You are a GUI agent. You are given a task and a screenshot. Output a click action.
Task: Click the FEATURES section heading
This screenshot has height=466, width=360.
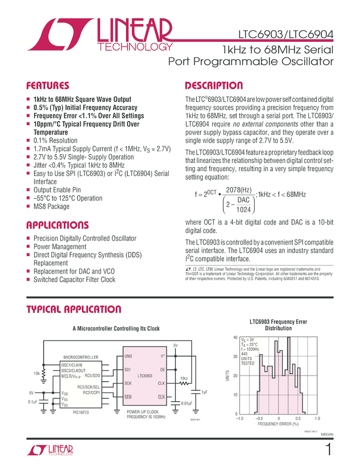click(48, 86)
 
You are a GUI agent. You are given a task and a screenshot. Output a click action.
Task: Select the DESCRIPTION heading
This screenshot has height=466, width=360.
click(214, 86)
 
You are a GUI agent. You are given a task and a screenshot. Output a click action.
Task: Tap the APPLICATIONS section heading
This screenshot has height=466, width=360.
click(58, 225)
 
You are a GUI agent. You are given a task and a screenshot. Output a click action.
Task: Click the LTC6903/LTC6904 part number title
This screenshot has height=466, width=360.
click(285, 34)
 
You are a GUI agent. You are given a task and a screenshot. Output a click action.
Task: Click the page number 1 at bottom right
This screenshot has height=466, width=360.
click(328, 450)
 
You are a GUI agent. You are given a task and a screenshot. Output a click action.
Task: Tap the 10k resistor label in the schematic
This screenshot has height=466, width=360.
click(36, 373)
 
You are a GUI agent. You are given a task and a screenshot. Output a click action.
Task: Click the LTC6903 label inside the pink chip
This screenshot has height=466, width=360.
click(145, 376)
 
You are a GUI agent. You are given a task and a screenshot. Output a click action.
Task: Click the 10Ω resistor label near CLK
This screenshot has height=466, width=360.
click(184, 379)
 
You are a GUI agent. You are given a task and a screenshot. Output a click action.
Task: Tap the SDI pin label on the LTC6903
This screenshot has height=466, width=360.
click(128, 370)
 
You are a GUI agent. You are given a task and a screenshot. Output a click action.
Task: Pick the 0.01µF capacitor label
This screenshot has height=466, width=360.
click(188, 405)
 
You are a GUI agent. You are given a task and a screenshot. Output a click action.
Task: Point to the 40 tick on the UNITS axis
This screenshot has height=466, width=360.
click(235, 338)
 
